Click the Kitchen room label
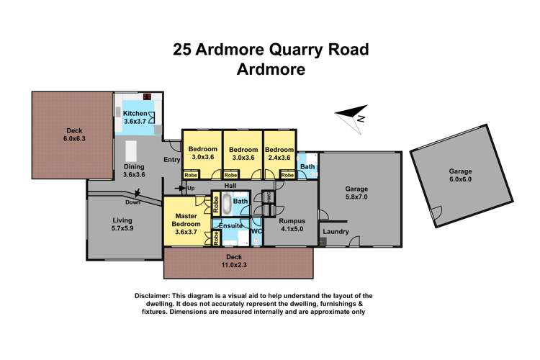tap(135, 113)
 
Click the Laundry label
tap(336, 232)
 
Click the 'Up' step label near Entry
tap(190, 189)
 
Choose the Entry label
tap(171, 160)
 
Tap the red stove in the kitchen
tap(148, 96)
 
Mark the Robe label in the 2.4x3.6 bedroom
tap(287, 175)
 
